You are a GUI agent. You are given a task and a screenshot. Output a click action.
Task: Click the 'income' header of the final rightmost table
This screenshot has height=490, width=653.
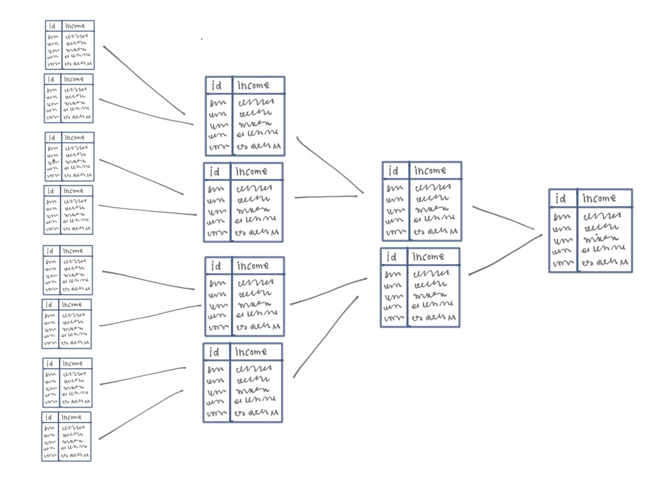(599, 198)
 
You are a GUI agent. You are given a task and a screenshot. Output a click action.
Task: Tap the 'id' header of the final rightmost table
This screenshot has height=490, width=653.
(561, 198)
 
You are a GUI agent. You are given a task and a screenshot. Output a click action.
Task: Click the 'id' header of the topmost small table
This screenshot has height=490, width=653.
(52, 26)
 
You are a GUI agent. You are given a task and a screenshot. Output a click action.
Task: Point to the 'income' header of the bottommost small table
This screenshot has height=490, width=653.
(71, 417)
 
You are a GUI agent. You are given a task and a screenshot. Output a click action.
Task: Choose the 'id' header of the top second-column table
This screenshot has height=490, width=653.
(217, 86)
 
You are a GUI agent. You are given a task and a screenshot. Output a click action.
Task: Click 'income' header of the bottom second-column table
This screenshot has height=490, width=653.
(250, 352)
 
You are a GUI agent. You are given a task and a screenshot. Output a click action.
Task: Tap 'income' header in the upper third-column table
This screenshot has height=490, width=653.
(430, 171)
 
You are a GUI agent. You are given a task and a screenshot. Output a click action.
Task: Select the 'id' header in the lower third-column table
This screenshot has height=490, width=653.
(392, 257)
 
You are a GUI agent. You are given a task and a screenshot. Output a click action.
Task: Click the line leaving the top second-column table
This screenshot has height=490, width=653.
(330, 165)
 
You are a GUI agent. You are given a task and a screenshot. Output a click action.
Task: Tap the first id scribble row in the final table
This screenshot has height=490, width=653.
(562, 217)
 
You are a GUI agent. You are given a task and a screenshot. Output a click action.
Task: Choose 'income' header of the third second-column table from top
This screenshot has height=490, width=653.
(252, 266)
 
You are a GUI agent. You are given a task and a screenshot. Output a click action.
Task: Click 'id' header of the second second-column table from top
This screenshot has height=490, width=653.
(215, 172)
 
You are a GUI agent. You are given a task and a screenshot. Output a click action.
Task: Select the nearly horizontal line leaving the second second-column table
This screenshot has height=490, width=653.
(326, 197)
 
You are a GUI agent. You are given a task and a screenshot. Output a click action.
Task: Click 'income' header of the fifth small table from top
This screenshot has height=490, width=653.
(73, 251)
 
